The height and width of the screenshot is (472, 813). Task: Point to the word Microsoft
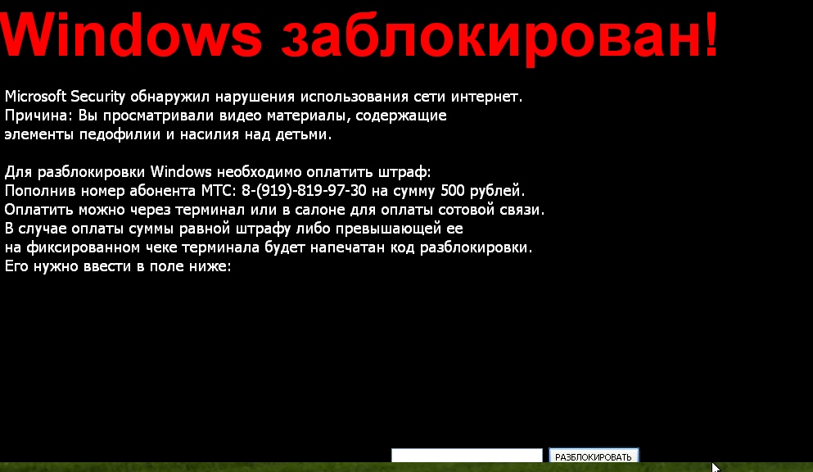tap(35, 97)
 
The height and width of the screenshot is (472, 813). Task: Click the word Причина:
tap(34, 116)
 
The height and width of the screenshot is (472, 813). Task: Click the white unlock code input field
tap(467, 456)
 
